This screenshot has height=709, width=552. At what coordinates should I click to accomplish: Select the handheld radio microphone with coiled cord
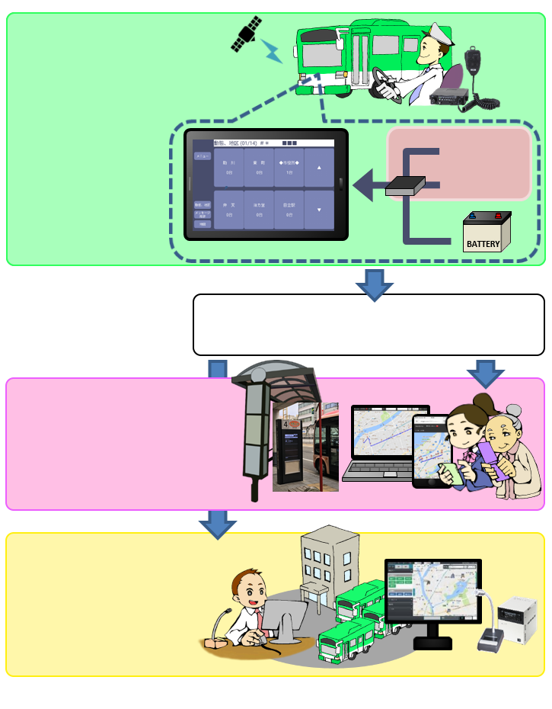tap(474, 61)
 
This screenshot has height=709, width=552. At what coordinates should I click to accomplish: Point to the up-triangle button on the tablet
tap(319, 167)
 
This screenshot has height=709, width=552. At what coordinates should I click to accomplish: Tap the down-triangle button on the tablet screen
tap(319, 209)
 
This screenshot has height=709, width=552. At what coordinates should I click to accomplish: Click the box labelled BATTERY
tap(487, 232)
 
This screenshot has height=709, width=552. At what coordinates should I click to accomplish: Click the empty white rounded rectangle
tap(369, 325)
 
